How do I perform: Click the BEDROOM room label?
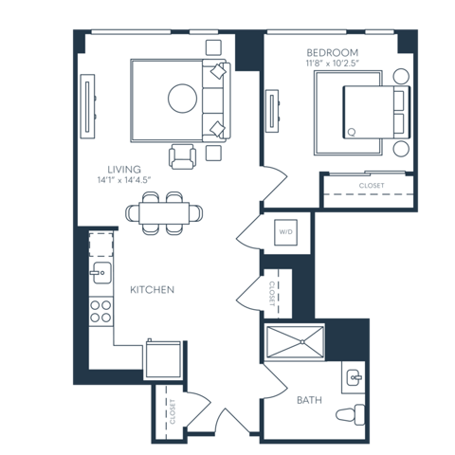pos(331,51)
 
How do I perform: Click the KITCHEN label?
pos(152,289)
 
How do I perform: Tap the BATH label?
pos(309,400)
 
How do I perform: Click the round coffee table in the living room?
pos(182,98)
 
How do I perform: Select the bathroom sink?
pos(355,377)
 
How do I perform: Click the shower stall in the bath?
pos(295,341)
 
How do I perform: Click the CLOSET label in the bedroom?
pos(371,186)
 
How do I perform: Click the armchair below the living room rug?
pos(183,155)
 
